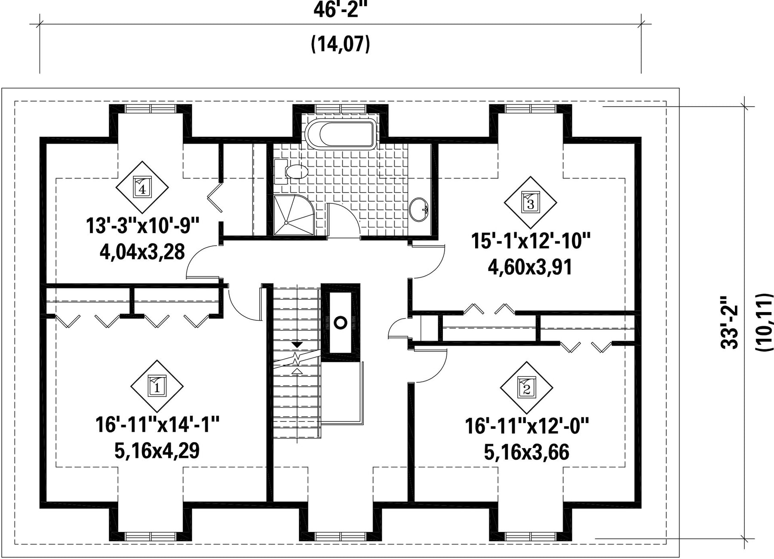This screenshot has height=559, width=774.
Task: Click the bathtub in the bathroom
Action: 341,135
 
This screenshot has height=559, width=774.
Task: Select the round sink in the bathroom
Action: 419,210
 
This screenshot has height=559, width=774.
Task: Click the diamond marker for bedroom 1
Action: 157,386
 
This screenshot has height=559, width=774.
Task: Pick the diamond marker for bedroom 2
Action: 526,387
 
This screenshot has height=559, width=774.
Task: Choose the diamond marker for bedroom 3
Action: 530,202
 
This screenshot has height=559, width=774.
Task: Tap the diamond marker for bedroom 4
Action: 142,187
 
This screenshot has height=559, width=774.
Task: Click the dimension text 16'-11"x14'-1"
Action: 157,425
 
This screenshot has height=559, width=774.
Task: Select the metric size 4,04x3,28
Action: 142,252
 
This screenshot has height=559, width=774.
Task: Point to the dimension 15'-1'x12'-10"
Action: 531,241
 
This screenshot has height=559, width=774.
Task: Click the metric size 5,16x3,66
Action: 527,452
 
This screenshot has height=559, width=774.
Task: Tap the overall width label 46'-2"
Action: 341,9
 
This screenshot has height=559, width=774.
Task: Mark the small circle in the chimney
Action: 341,322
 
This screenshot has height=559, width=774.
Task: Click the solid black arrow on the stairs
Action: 297,345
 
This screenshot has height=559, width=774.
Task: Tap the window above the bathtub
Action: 341,109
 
